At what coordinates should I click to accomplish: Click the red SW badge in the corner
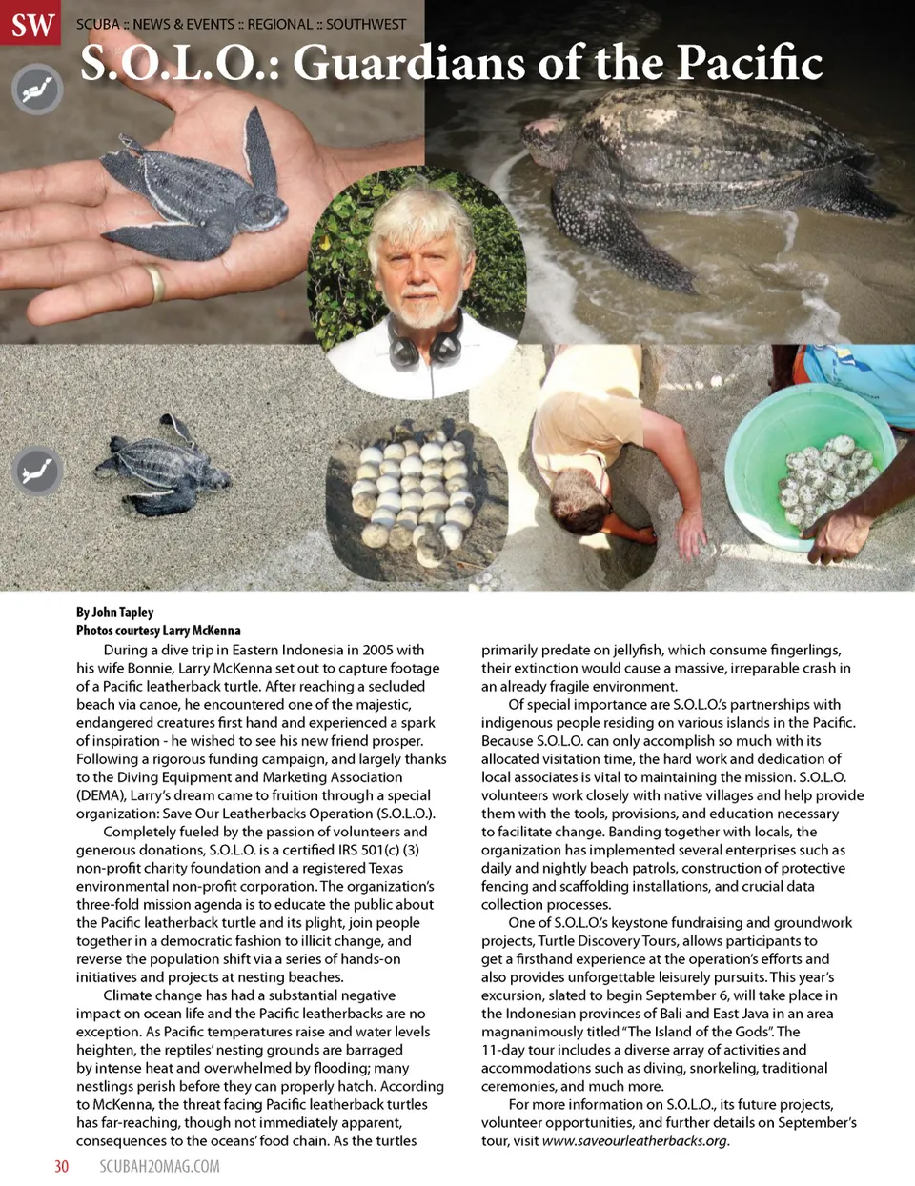31,23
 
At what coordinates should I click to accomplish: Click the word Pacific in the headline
749,64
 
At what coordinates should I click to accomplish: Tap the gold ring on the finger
154,283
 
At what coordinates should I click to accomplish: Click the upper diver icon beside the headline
37,90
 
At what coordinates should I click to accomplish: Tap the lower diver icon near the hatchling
37,472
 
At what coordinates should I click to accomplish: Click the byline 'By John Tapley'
114,613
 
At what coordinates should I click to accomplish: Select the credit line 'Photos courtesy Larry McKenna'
158,631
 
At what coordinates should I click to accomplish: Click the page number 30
61,1166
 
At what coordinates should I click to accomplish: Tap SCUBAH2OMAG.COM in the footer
159,1166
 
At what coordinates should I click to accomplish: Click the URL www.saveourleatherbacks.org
634,1141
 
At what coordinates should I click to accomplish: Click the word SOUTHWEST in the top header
366,24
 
